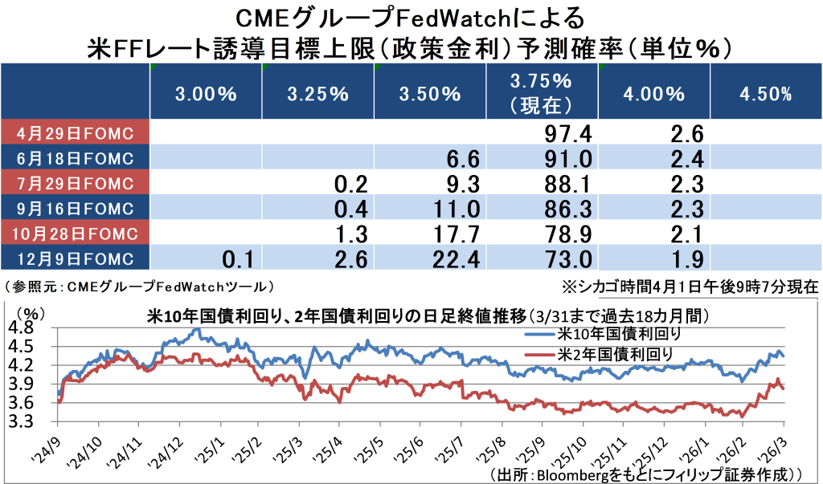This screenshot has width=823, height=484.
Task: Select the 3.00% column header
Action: pos(206,94)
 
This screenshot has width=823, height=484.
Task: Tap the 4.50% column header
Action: pos(764,94)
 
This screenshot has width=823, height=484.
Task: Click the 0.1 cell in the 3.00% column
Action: pos(238,259)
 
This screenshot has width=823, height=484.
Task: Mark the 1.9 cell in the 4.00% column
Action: pos(687,259)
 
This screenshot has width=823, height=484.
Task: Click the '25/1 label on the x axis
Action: pos(211,448)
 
